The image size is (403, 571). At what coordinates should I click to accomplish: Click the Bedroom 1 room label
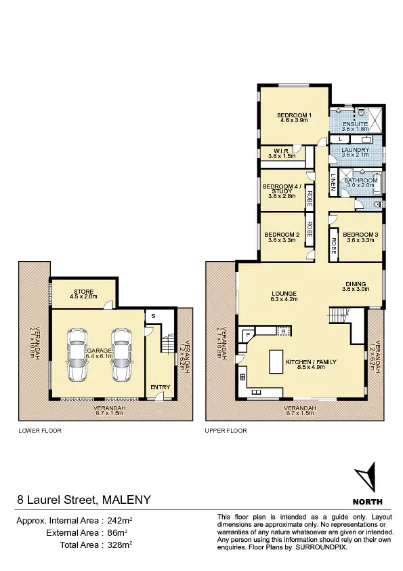coord(294,115)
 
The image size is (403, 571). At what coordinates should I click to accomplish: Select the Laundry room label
coord(356,150)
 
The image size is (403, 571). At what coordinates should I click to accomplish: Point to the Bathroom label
coord(360,180)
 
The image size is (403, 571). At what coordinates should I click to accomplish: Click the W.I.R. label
coord(282,151)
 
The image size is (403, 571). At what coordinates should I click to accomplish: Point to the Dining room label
coord(354,284)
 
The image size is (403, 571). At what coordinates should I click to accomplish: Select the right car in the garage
coord(121,355)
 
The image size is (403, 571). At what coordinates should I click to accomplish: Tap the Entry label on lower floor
coord(161,387)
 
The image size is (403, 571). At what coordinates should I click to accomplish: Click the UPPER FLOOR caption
coord(226,431)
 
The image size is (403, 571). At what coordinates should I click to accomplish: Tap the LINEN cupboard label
coord(333,181)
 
